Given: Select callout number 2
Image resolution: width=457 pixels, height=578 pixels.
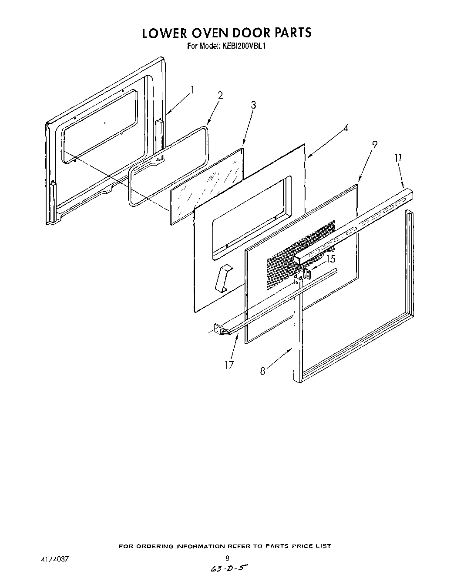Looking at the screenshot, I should [x=220, y=96].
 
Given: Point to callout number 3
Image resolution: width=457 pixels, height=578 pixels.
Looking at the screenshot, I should [x=253, y=105].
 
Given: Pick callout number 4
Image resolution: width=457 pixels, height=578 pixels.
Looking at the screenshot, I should [x=345, y=128].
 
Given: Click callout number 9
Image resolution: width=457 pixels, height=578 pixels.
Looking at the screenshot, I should [x=374, y=145].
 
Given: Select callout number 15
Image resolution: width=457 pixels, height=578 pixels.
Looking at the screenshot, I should [x=331, y=259].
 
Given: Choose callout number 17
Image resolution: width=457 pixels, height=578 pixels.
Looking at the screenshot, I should [x=229, y=364].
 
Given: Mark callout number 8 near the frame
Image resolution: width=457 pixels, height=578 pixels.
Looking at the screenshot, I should [x=262, y=371].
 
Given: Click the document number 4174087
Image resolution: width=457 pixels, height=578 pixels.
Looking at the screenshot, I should [x=49, y=558].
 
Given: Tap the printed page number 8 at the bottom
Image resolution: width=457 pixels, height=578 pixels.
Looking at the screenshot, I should [x=227, y=558].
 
